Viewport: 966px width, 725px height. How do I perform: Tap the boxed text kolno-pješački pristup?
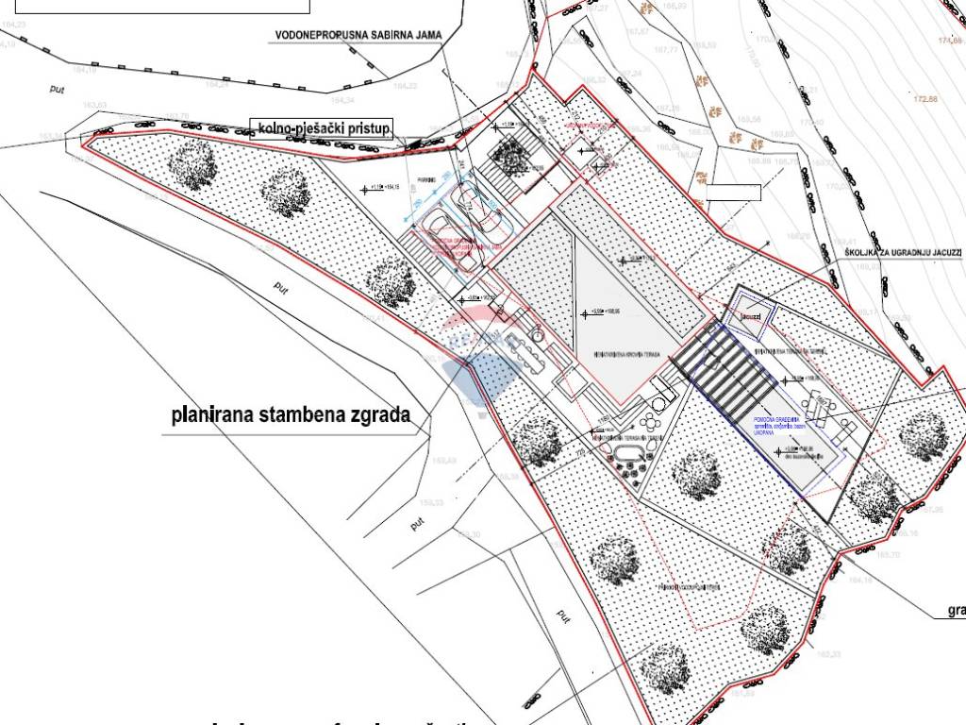click(324, 128)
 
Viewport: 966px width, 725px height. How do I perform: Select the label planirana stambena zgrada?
click(290, 413)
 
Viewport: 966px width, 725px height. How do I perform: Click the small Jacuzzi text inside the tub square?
click(751, 316)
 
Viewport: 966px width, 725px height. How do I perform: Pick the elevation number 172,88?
click(925, 99)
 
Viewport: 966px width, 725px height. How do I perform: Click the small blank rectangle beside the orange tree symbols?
click(733, 193)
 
